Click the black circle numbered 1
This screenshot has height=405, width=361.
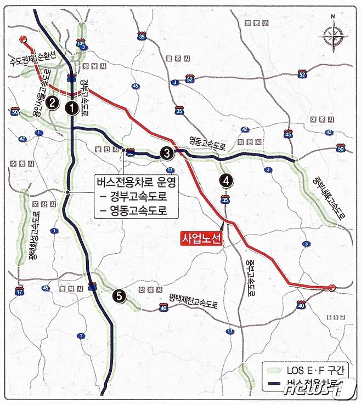point(71,108)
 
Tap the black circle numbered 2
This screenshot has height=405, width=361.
point(52,101)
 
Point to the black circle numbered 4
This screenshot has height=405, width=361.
point(226,180)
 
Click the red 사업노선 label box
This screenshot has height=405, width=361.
point(201,238)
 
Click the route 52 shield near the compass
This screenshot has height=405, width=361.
point(302,74)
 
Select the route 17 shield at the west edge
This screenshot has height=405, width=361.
point(20,292)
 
